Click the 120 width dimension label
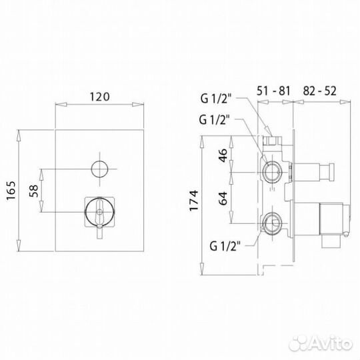99,97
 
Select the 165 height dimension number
11,191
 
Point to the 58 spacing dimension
33,191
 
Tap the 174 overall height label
193,201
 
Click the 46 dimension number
223,155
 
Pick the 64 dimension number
223,199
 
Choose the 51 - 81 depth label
273,91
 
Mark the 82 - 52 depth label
319,91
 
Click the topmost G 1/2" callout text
215,99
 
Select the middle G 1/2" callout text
214,120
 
